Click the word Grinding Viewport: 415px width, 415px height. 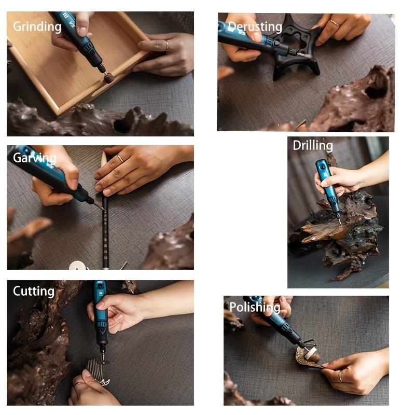(x=37, y=26)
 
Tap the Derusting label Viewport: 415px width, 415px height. (x=255, y=27)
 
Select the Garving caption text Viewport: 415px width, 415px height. (x=34, y=158)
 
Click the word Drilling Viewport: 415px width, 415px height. (x=312, y=145)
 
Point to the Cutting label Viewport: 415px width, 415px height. (x=33, y=291)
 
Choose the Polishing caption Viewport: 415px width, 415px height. (x=255, y=308)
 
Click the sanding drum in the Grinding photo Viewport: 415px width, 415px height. (x=108, y=78)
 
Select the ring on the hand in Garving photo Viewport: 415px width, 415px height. (x=120, y=159)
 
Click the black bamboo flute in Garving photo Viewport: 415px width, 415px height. (x=105, y=228)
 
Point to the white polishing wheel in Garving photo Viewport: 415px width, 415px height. (x=78, y=266)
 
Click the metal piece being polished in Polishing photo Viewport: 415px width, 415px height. (x=303, y=358)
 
